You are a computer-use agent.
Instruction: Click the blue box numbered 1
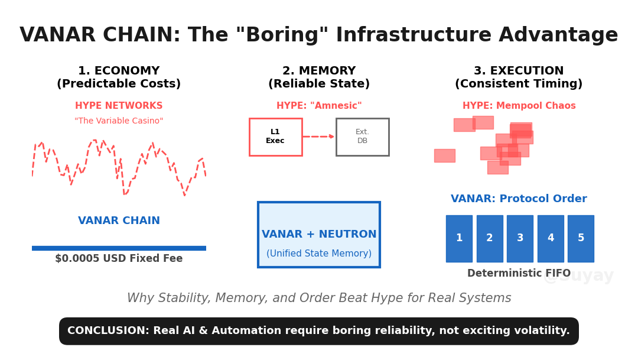(x=459, y=238)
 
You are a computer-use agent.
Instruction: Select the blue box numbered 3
(x=520, y=238)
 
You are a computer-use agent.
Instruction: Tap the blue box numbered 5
(x=581, y=238)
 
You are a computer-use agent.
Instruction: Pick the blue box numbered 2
(x=490, y=238)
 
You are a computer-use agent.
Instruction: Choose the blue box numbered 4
(x=551, y=238)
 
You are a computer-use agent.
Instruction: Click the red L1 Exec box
(x=275, y=137)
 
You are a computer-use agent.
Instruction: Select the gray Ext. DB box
(x=362, y=137)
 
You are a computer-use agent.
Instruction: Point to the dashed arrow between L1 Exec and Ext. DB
(x=319, y=137)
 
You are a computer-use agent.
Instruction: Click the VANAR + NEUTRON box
(x=319, y=235)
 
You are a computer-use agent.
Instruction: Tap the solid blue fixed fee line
(x=119, y=248)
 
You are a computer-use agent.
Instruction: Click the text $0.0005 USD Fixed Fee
(x=119, y=259)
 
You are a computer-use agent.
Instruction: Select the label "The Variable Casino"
(x=119, y=121)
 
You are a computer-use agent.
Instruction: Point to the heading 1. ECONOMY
(x=119, y=71)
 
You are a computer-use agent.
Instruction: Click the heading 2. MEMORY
(x=319, y=71)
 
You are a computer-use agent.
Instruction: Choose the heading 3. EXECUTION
(x=519, y=71)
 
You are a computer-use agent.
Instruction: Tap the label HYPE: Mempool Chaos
(x=519, y=106)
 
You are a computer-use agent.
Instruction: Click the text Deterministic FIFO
(x=519, y=274)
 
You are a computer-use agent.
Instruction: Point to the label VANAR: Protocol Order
(x=519, y=199)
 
